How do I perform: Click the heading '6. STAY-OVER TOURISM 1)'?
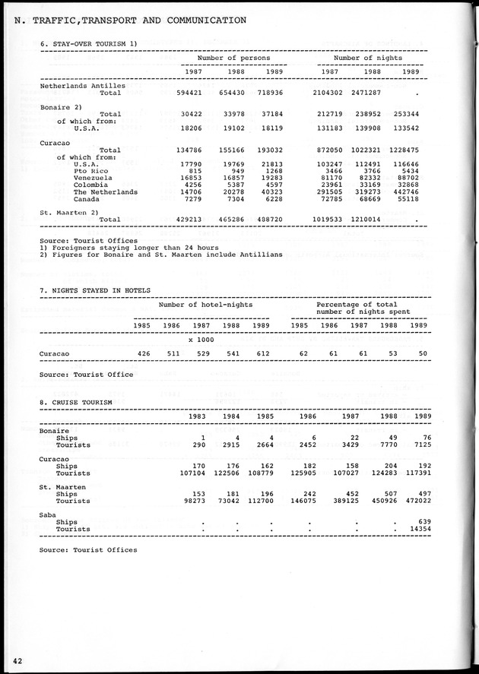89,44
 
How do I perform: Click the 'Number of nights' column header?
368,58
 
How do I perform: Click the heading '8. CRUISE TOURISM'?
76,401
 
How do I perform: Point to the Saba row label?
49,514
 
